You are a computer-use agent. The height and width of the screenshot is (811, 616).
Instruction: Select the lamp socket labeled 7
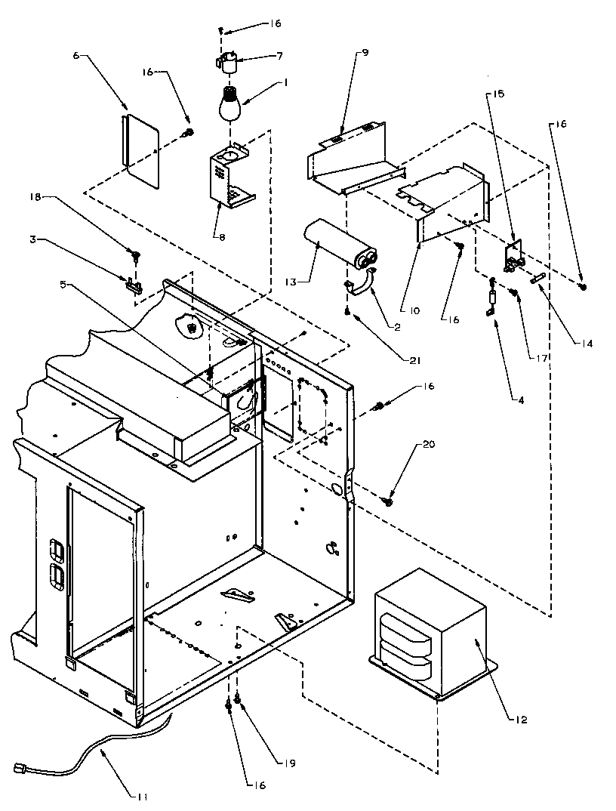(228, 60)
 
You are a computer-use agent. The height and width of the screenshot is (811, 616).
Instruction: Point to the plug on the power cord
(21, 769)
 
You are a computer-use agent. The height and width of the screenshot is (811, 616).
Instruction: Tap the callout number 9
(365, 53)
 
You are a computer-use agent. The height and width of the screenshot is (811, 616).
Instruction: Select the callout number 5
(63, 285)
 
